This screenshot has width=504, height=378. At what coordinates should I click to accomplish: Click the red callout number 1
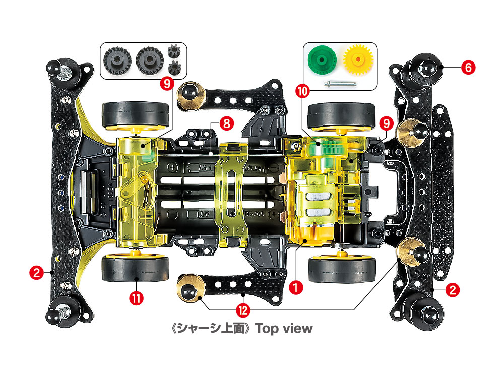pyautogui.click(x=296, y=286)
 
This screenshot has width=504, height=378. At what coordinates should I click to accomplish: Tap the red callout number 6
pyautogui.click(x=467, y=68)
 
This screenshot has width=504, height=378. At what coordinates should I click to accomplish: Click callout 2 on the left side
pyautogui.click(x=36, y=273)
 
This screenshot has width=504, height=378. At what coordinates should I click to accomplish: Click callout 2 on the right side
pyautogui.click(x=453, y=290)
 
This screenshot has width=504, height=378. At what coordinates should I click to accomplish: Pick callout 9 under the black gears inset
pyautogui.click(x=167, y=84)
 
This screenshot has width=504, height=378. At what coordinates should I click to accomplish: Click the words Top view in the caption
pyautogui.click(x=284, y=329)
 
